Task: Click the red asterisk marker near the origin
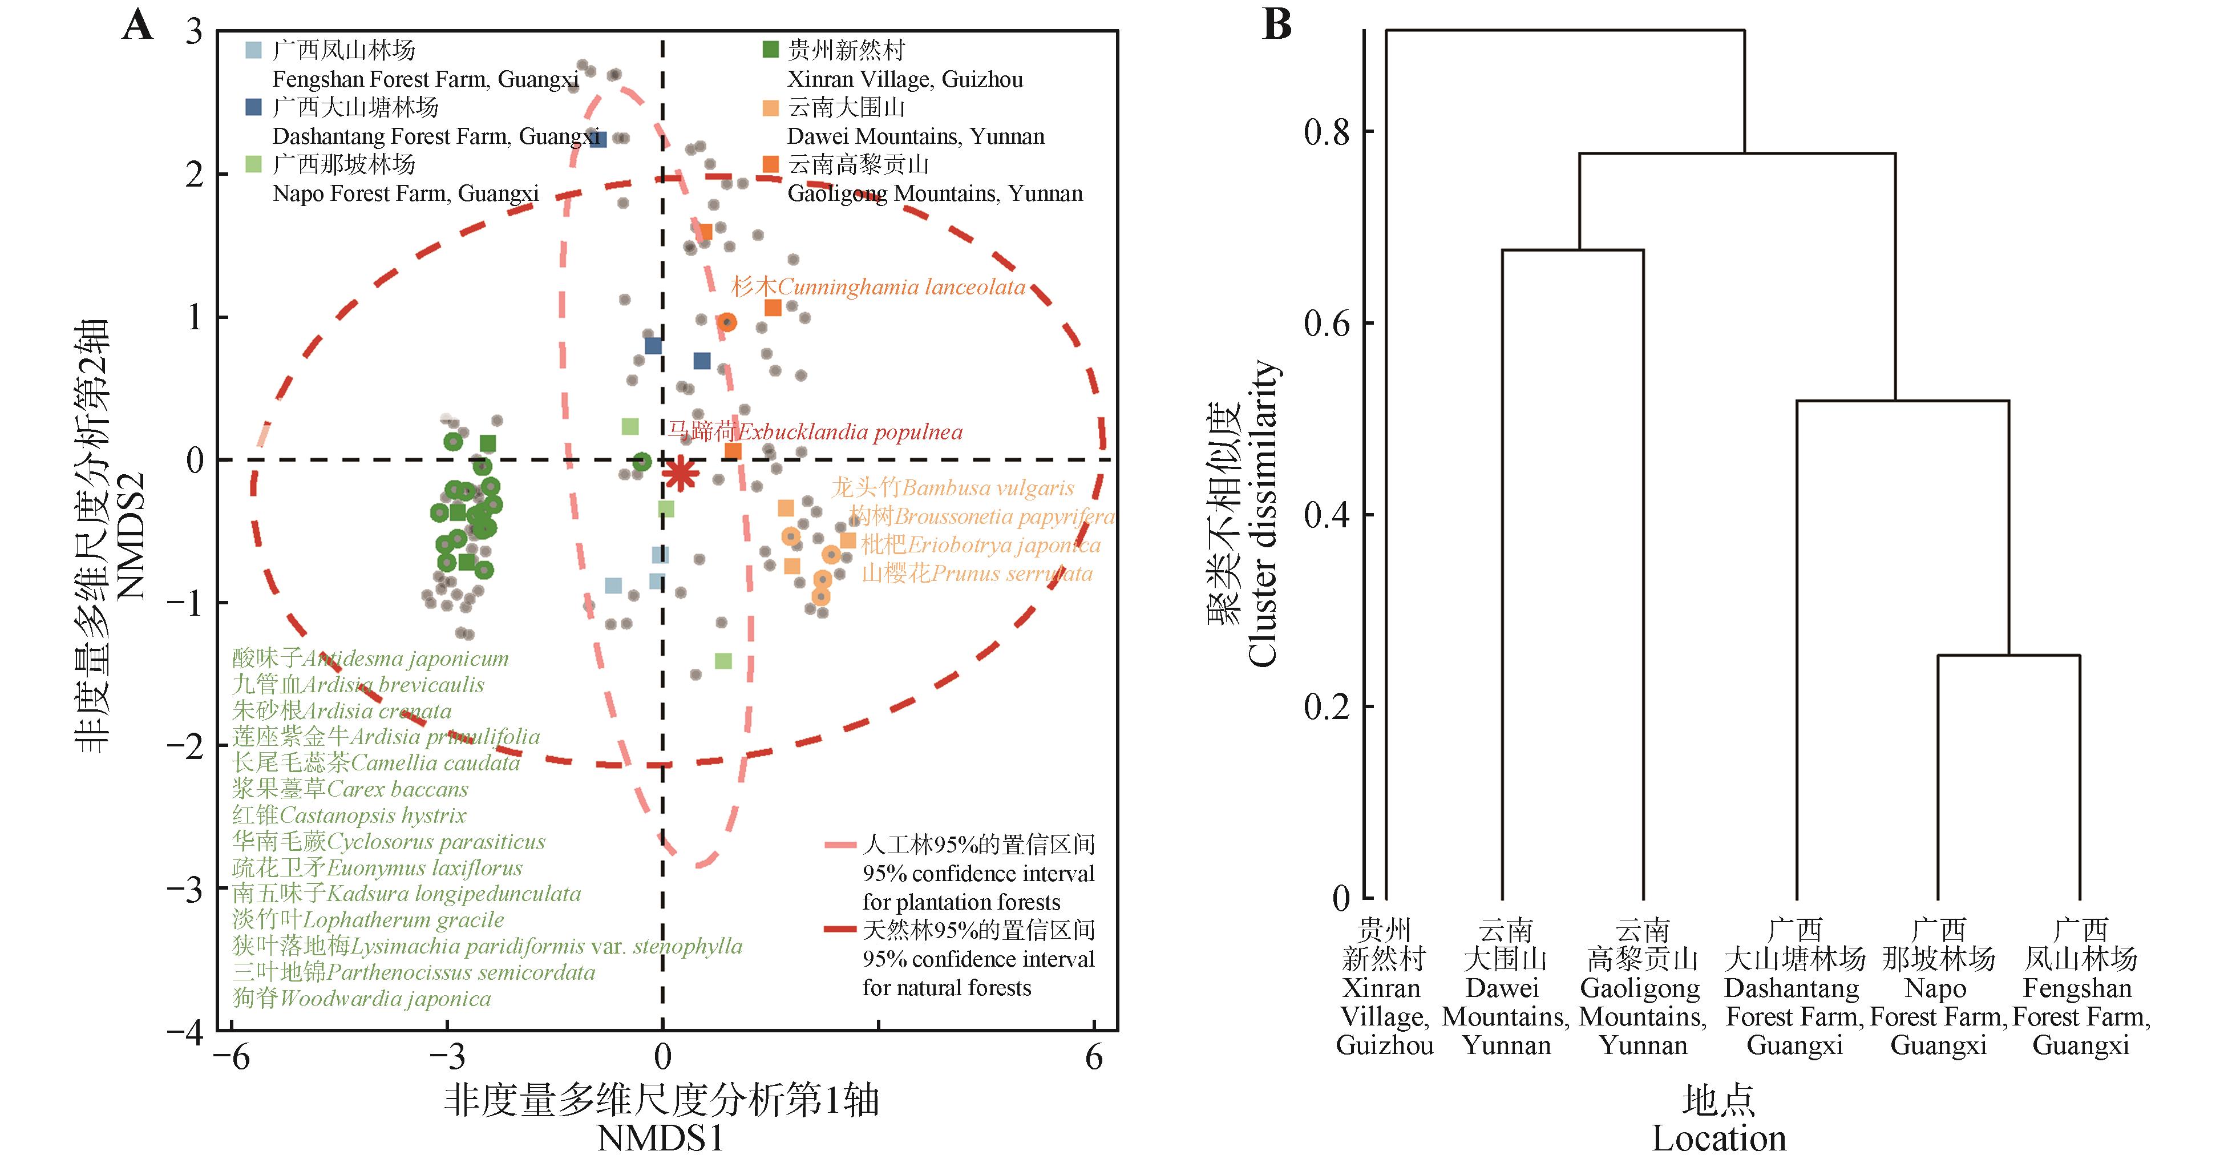coord(680,473)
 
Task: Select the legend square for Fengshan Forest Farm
coord(253,50)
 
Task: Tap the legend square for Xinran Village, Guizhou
coord(771,50)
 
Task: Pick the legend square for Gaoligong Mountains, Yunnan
coord(771,164)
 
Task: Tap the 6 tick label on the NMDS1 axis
coord(1094,1057)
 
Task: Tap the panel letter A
coord(138,26)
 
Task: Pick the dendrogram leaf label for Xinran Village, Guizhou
coord(1384,987)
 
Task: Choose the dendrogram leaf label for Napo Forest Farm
coord(1938,987)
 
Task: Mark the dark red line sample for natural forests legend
coord(840,931)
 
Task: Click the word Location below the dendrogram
coord(1718,1138)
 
